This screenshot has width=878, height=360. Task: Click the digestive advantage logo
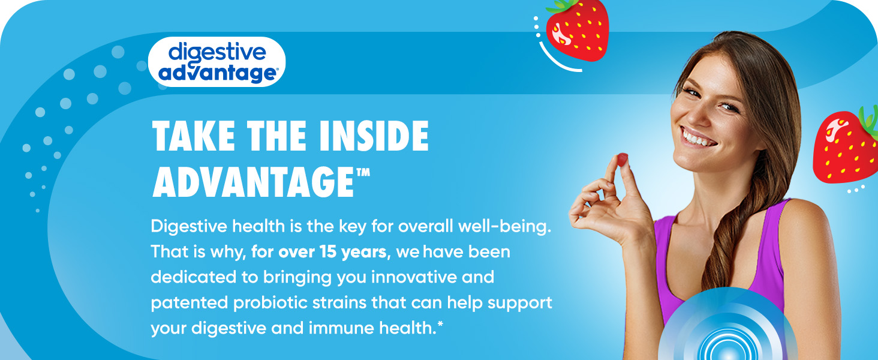(x=217, y=62)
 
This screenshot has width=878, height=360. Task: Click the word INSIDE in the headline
(x=374, y=136)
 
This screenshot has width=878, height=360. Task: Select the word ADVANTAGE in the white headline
(x=253, y=182)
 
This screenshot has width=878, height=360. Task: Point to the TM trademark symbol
(x=363, y=173)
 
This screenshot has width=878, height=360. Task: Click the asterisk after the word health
(x=440, y=324)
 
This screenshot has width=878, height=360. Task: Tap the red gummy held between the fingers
(x=622, y=160)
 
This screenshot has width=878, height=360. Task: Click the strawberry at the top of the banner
(x=577, y=31)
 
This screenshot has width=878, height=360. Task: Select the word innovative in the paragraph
(x=413, y=277)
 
